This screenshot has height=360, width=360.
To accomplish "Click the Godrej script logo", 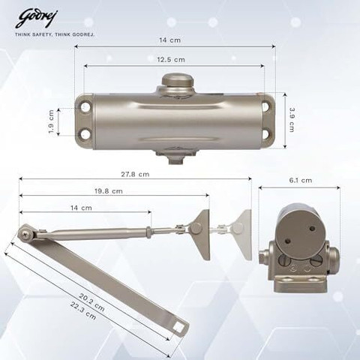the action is click(x=37, y=19).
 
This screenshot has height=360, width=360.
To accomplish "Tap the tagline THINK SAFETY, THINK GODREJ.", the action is click(x=55, y=34).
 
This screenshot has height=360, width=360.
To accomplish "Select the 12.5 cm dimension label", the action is click(x=171, y=60).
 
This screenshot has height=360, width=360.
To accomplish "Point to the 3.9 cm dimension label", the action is click(x=292, y=120).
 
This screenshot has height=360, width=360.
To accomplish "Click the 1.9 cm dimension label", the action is click(x=51, y=121).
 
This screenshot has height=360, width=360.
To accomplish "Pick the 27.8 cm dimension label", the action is click(x=135, y=174).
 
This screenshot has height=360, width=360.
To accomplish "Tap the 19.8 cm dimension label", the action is click(x=109, y=191).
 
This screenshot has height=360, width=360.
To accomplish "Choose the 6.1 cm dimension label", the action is click(x=301, y=180).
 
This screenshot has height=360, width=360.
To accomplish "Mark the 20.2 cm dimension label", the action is click(x=91, y=302).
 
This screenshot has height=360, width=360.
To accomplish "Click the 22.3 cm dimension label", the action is click(x=83, y=310).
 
